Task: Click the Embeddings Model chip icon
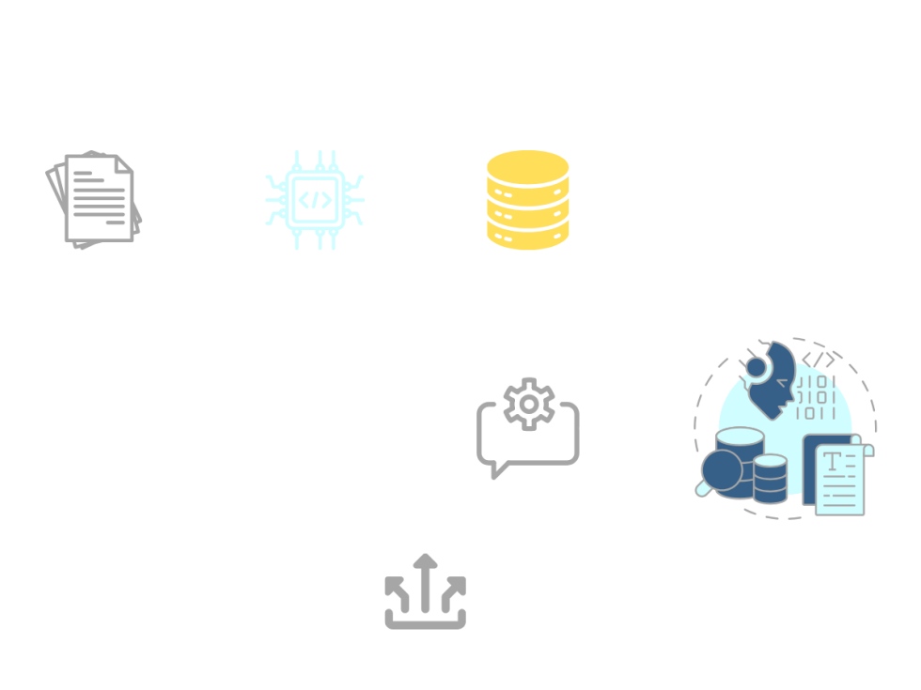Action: click(x=314, y=199)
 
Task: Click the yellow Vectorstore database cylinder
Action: click(x=527, y=199)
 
